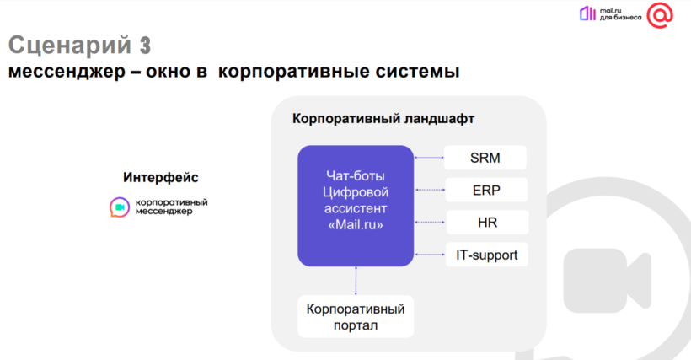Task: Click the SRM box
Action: (x=485, y=158)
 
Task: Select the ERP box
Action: (x=486, y=190)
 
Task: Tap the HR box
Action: (x=487, y=222)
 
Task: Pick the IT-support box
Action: (x=486, y=255)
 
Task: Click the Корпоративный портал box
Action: (x=356, y=317)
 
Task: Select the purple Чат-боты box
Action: (x=356, y=206)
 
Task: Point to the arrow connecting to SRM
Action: (x=429, y=158)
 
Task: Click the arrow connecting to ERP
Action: (x=430, y=190)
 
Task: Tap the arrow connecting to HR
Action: (x=431, y=222)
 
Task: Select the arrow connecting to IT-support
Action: (x=430, y=255)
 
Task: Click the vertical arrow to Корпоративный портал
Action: (x=356, y=281)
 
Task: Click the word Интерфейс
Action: (x=161, y=177)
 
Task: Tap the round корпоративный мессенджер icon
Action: (x=120, y=207)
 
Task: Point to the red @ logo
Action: (x=660, y=15)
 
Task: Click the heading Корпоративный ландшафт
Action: (x=383, y=119)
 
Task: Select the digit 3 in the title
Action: (x=145, y=45)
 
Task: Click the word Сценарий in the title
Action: (x=70, y=45)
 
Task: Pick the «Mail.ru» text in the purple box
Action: (x=356, y=225)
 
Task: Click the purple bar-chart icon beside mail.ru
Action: (x=587, y=13)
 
